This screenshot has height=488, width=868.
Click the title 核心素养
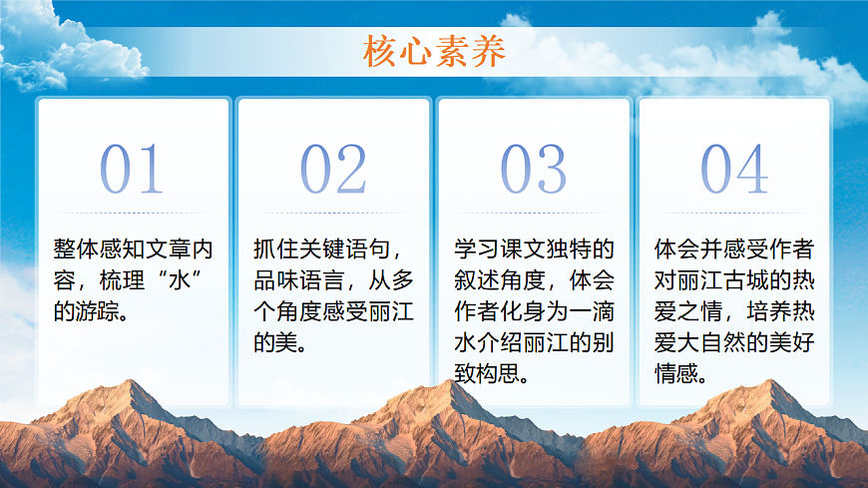click(x=434, y=51)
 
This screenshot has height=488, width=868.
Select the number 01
click(x=133, y=170)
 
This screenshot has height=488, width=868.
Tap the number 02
click(x=333, y=170)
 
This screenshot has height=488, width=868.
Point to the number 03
click(x=534, y=170)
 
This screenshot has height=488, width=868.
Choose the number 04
click(x=734, y=170)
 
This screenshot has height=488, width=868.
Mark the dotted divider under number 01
click(x=133, y=213)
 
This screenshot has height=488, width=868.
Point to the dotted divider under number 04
click(x=734, y=213)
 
